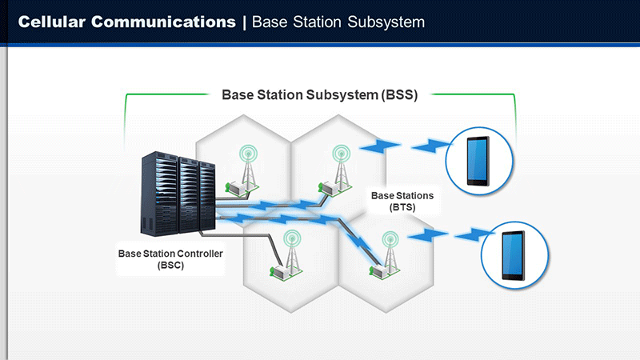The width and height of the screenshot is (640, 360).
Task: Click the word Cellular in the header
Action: click(x=51, y=22)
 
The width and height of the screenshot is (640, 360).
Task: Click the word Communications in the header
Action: click(x=163, y=22)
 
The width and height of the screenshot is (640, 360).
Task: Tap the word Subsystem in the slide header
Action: click(x=386, y=22)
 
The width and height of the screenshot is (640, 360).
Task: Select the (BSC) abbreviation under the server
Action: click(x=170, y=266)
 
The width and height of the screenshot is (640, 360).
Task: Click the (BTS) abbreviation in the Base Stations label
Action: click(x=402, y=207)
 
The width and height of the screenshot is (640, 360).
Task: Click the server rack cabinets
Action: click(x=178, y=194)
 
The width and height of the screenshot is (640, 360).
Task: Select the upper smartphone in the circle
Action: click(x=478, y=161)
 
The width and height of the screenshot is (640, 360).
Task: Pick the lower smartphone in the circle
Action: click(x=514, y=255)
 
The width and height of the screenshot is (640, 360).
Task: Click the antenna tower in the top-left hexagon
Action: click(x=249, y=166)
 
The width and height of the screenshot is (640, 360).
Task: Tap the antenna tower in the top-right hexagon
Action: click(x=342, y=166)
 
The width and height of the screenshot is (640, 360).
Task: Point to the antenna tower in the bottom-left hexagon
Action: click(x=292, y=252)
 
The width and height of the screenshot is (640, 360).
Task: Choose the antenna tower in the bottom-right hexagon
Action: click(x=390, y=253)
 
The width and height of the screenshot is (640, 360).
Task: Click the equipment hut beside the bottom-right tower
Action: click(x=378, y=271)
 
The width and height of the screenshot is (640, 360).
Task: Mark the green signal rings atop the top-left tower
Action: click(x=249, y=154)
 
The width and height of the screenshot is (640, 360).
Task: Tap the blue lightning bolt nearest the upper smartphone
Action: click(x=431, y=146)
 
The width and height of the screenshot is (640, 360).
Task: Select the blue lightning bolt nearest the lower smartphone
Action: click(x=474, y=235)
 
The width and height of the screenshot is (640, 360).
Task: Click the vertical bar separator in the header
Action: click(x=244, y=22)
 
